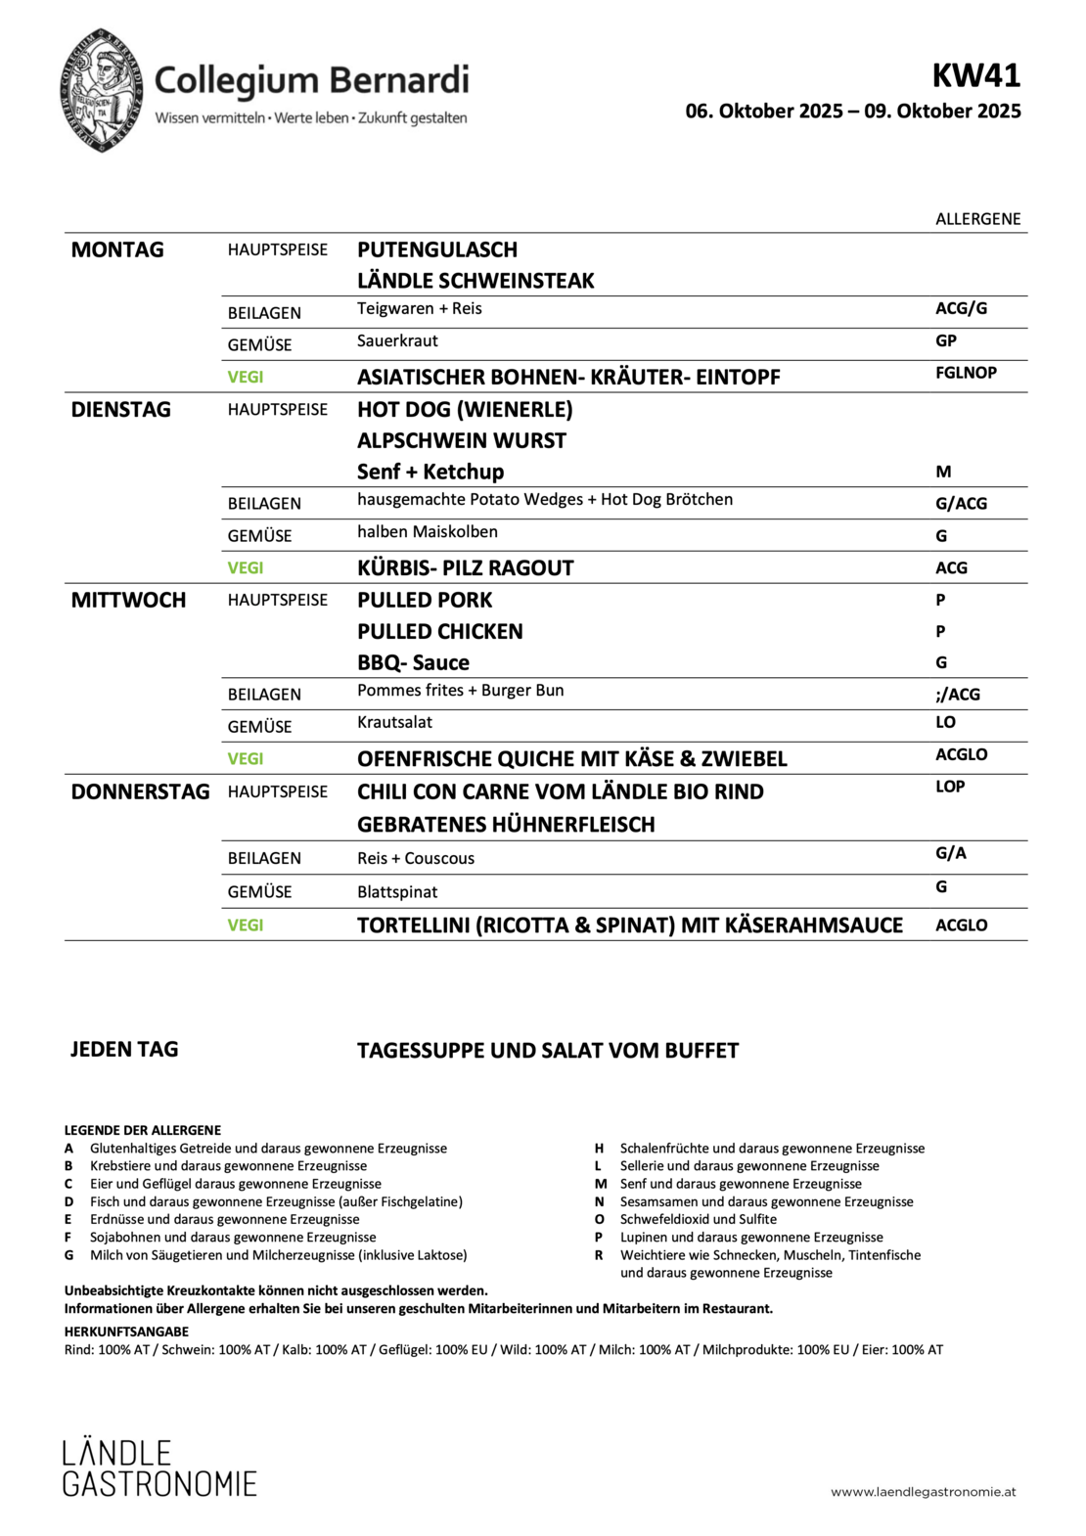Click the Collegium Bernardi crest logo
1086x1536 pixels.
(x=103, y=90)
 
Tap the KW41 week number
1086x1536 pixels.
(x=975, y=75)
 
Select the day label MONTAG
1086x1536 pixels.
(x=117, y=249)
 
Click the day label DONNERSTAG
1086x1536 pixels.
(x=140, y=791)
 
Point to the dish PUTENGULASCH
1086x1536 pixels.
(x=437, y=249)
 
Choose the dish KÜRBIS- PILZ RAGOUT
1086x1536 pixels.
(x=465, y=567)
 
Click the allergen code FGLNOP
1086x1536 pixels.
(x=966, y=373)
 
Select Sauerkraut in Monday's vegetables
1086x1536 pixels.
(x=397, y=340)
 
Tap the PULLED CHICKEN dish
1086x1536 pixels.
(x=439, y=631)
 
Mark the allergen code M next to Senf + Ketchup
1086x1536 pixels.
(x=943, y=472)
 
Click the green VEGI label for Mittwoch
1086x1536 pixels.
(x=246, y=758)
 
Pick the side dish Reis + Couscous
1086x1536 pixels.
(x=415, y=858)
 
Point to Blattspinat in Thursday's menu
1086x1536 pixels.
(x=397, y=891)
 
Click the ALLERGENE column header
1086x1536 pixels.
(x=977, y=219)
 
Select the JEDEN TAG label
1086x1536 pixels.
(x=124, y=1050)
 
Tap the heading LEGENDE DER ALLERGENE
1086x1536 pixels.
(x=143, y=1130)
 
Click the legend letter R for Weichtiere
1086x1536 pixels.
(x=599, y=1255)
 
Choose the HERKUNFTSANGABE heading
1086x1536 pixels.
(x=126, y=1332)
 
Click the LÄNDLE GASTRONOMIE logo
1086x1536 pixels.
(x=159, y=1468)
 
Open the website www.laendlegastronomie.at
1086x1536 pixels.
(x=923, y=1492)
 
